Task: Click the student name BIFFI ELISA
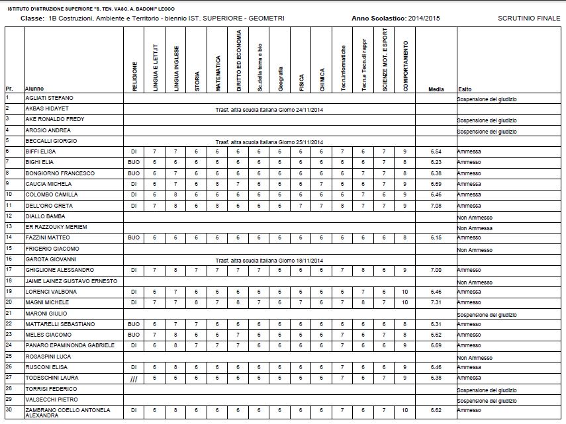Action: coord(41,151)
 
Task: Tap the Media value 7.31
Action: coord(436,302)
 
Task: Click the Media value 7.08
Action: coord(436,206)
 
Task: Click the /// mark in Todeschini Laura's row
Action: coord(134,378)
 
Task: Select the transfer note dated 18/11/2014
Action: coord(269,260)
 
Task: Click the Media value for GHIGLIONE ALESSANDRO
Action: coord(436,270)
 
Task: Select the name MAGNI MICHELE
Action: coord(44,302)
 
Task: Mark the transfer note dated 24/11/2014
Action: coord(269,109)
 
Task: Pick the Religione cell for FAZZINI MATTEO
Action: coord(134,237)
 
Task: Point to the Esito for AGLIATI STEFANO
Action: coord(487,99)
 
